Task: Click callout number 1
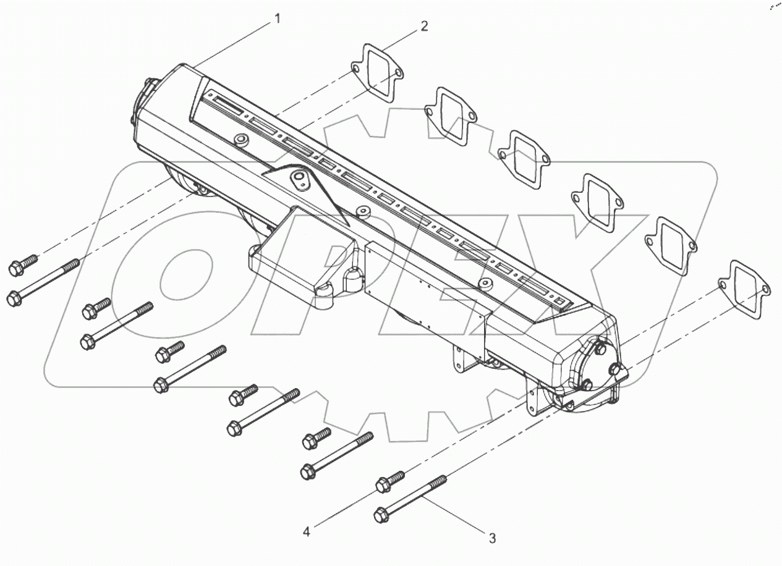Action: [278, 19]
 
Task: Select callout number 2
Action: [424, 26]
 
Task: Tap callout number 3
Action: [492, 538]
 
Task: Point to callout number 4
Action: [306, 530]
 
